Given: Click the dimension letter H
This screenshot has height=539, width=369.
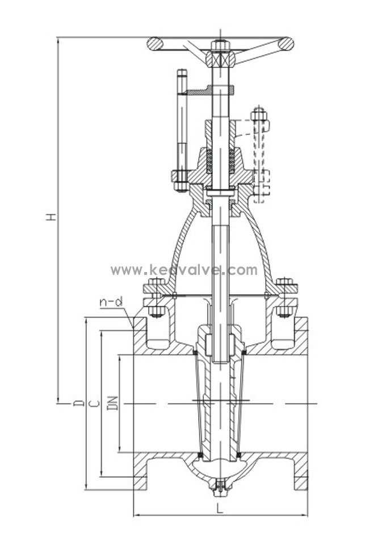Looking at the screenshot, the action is (x=51, y=217).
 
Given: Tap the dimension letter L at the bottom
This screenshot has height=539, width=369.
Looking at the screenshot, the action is (x=220, y=508).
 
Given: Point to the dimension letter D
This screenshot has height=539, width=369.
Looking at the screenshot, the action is (x=79, y=402).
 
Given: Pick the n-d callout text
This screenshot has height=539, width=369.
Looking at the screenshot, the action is (x=111, y=303).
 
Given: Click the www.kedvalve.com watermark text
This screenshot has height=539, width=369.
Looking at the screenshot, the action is (x=184, y=270).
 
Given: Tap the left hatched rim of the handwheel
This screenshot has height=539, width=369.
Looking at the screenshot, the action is (x=155, y=44).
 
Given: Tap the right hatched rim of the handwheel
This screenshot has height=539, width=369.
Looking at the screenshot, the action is (x=286, y=44).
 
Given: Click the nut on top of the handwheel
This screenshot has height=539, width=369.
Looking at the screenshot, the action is (x=220, y=45).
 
